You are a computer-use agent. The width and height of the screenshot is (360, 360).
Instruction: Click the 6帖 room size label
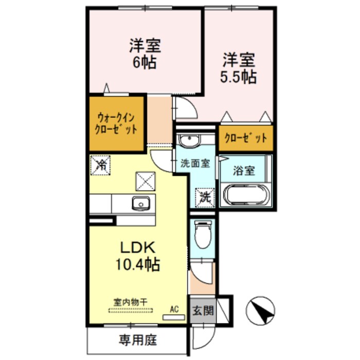coord(145,63)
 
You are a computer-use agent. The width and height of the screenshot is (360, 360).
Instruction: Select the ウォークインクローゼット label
coord(116,124)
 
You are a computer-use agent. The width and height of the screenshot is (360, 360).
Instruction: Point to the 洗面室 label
coord(195,164)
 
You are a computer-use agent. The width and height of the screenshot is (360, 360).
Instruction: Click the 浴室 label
coord(244,171)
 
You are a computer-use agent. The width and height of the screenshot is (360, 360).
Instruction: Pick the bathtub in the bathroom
coord(245,196)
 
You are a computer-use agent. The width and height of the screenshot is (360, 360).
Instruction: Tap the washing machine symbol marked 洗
coord(204,196)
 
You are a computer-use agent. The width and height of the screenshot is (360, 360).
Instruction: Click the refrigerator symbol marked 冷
coord(101,165)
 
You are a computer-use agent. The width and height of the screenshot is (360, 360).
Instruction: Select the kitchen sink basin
coord(139,204)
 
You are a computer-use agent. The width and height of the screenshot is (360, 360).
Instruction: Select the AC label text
coord(174,309)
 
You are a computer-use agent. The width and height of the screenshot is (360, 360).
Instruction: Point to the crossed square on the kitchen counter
coord(144,181)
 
